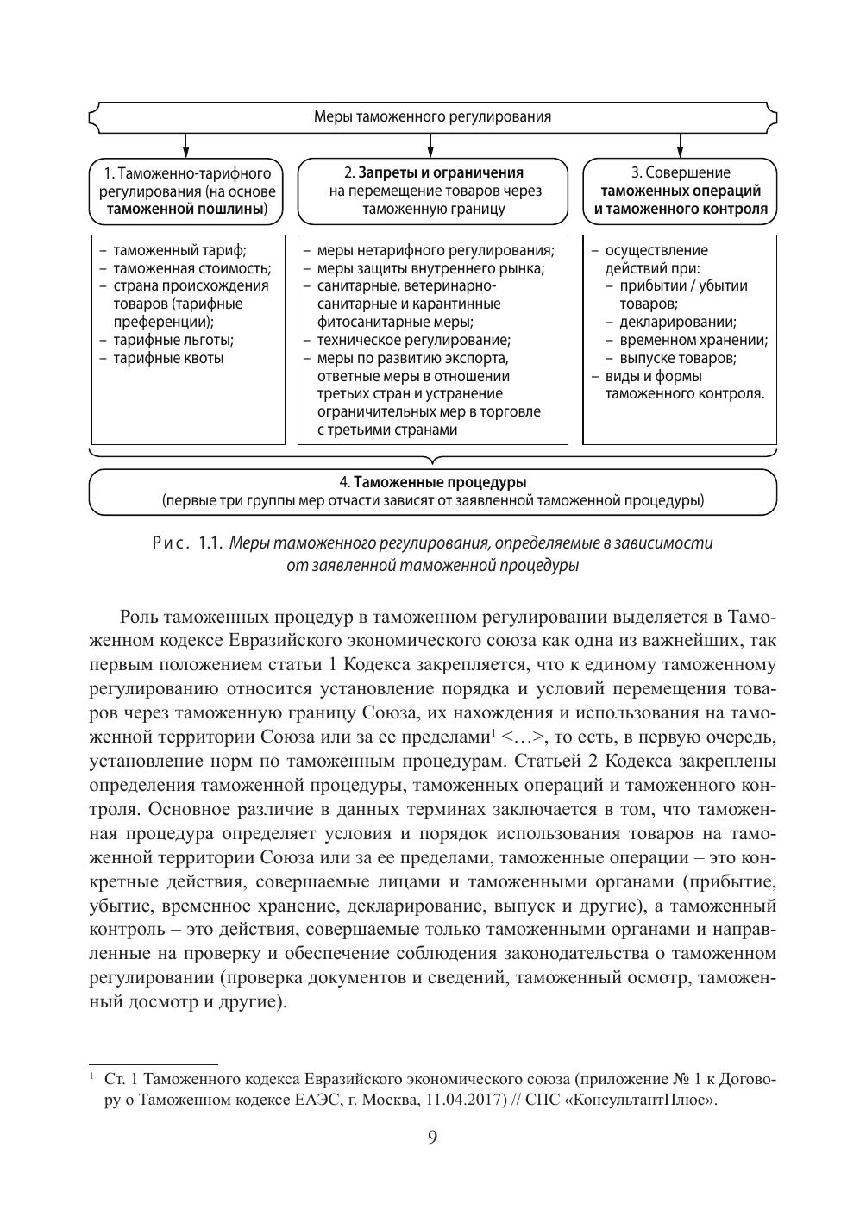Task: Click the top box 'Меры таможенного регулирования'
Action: pos(432,116)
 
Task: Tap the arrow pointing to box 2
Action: pos(432,145)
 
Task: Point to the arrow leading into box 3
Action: pos(681,145)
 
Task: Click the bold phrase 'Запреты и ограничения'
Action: pos(441,172)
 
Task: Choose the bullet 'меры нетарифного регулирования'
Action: pos(435,250)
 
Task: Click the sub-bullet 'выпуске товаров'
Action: pos(677,358)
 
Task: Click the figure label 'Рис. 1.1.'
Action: pos(188,543)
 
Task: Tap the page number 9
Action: pos(433,1138)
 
